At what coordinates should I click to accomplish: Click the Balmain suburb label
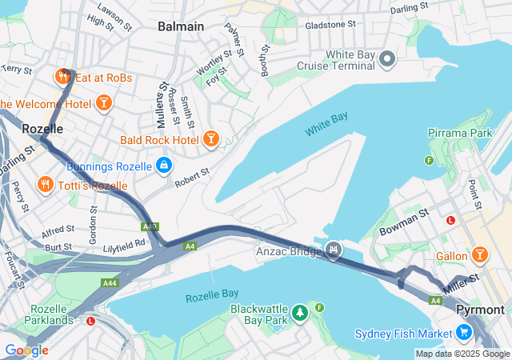point(181,26)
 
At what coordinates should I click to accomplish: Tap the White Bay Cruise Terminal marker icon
point(388,58)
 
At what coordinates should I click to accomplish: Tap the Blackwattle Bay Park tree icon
point(300,311)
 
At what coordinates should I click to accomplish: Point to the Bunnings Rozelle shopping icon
point(163,166)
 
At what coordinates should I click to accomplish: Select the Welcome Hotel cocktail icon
point(103,102)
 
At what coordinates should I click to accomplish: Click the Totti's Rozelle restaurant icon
point(45,185)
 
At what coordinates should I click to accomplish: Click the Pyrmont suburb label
point(480,310)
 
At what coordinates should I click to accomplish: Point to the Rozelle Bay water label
point(212,297)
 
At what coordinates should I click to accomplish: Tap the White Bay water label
point(326,124)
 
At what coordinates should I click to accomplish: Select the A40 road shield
point(150,227)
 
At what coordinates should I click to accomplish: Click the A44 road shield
point(110,283)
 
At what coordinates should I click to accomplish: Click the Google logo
point(26,350)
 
